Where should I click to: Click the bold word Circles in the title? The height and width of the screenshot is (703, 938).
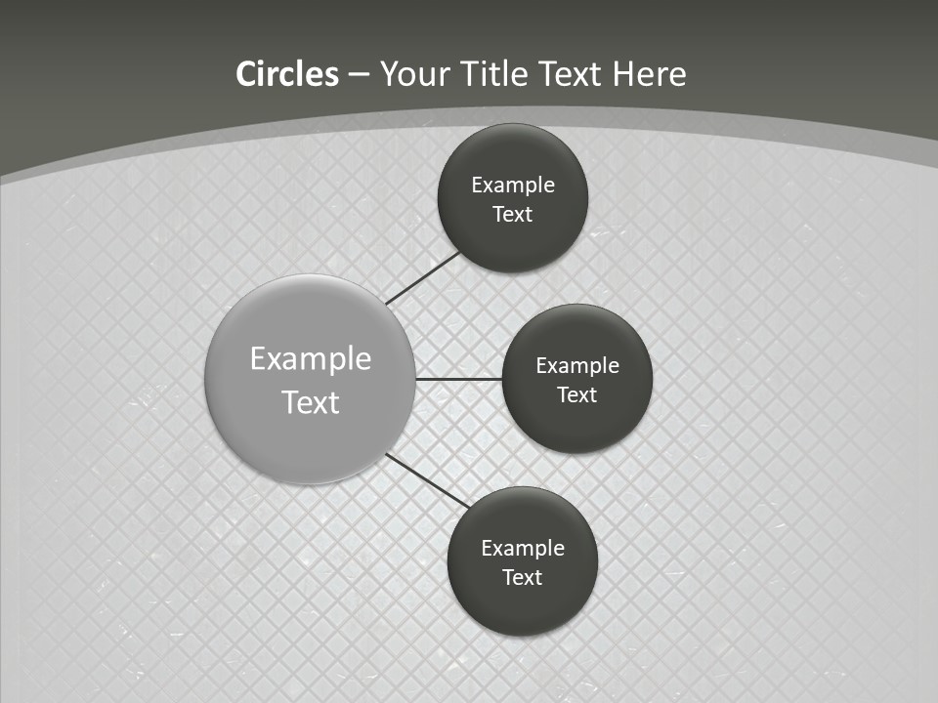point(287,74)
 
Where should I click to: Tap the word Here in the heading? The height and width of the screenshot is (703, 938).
point(649,74)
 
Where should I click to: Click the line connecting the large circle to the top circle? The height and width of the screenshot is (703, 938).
point(423,277)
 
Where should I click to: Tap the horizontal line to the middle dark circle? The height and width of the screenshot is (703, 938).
point(459,379)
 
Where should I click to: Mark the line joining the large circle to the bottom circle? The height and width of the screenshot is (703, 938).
point(428,480)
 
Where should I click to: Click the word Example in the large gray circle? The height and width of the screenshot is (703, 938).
point(311,359)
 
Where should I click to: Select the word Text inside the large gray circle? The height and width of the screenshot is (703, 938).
point(311,402)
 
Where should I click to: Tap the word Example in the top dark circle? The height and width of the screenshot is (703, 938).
point(513,186)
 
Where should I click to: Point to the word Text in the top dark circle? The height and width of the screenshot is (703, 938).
point(513,215)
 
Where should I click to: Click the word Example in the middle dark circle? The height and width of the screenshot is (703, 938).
point(577,366)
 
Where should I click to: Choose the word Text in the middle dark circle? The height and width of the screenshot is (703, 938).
point(577,395)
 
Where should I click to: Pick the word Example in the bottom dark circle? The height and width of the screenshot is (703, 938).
point(523,549)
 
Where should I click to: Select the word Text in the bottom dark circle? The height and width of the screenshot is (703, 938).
point(523,578)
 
